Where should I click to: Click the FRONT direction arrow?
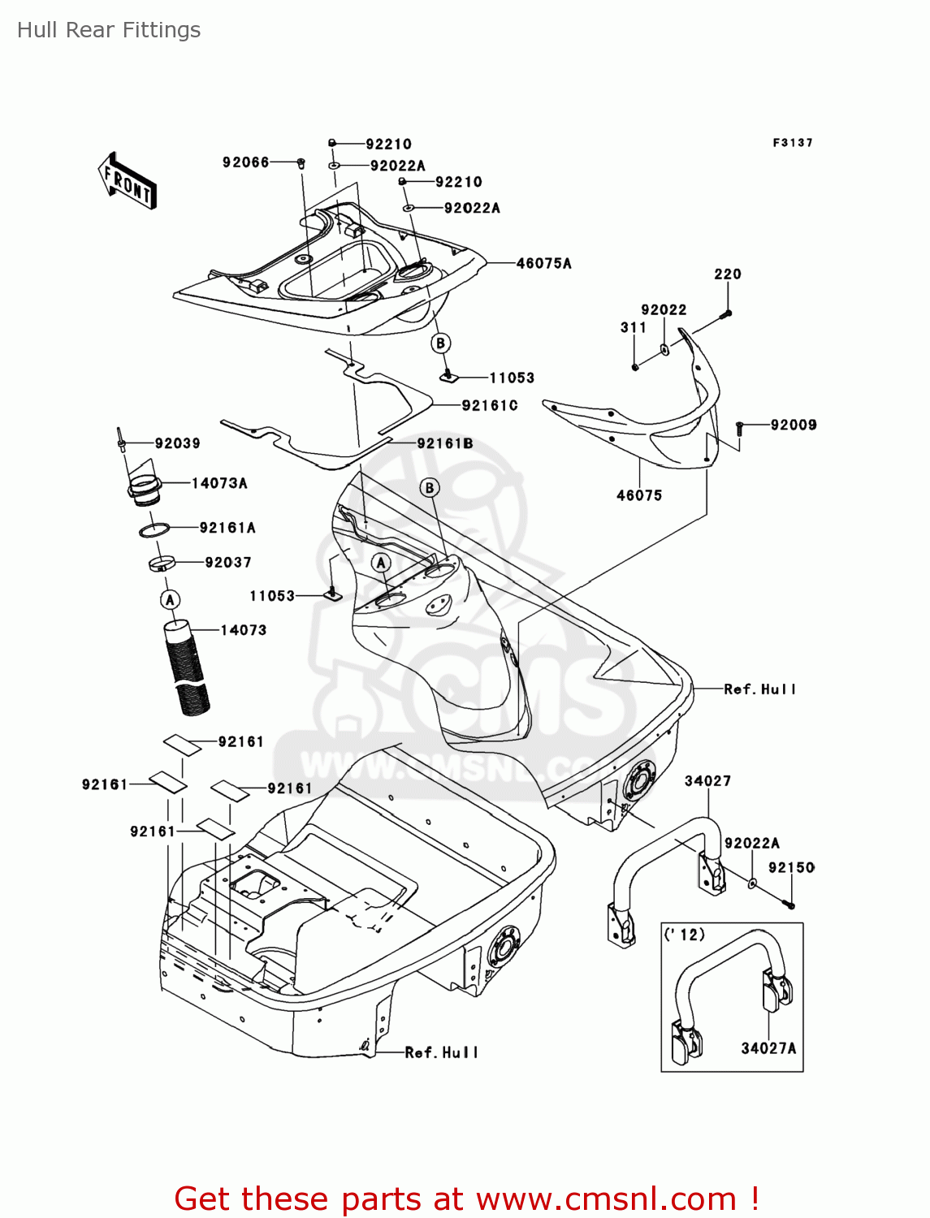(x=128, y=181)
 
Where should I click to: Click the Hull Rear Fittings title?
(x=109, y=30)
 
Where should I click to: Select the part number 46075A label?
(x=543, y=263)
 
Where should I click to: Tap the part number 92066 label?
(x=245, y=162)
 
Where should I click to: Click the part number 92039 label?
(x=177, y=443)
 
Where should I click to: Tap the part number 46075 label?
(x=639, y=495)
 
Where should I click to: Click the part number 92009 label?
(x=794, y=425)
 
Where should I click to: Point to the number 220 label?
(x=728, y=274)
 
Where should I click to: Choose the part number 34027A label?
(x=768, y=1048)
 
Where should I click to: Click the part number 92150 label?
(x=791, y=867)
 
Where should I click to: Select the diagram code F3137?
(x=792, y=143)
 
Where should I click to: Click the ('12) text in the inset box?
(x=685, y=935)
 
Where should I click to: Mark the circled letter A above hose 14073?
(x=170, y=600)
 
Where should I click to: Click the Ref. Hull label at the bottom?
(x=441, y=1052)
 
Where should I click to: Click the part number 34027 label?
(x=707, y=781)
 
